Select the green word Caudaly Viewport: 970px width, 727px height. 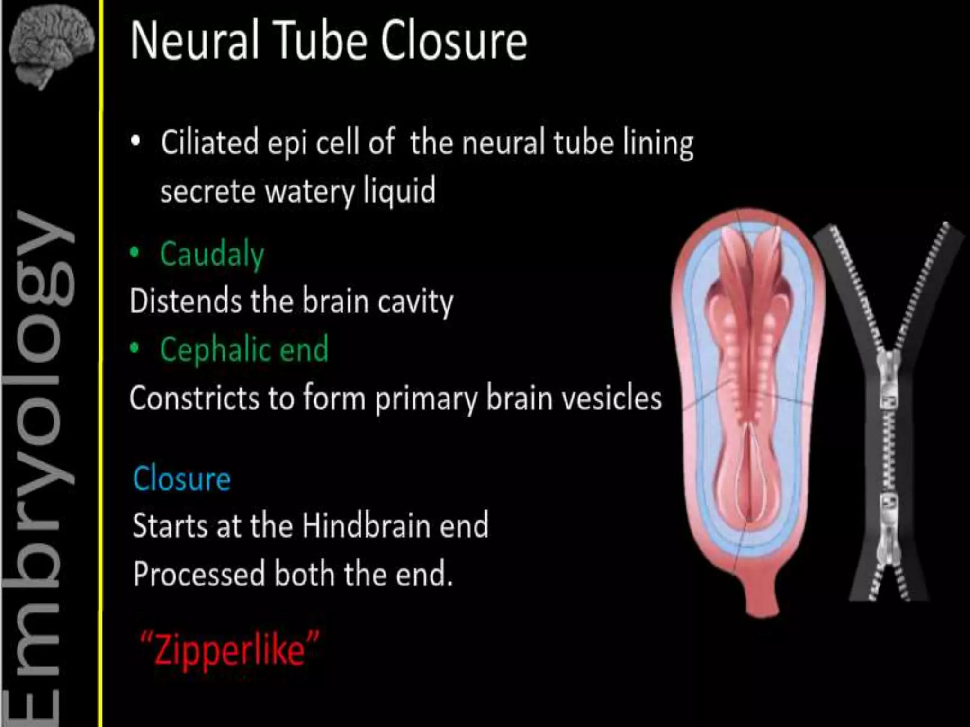pyautogui.click(x=212, y=255)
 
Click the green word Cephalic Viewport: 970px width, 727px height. pyautogui.click(x=214, y=349)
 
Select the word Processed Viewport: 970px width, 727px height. pyautogui.click(x=198, y=574)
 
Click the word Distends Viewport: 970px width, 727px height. pyautogui.click(x=185, y=301)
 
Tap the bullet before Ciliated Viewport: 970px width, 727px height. pyautogui.click(x=136, y=141)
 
